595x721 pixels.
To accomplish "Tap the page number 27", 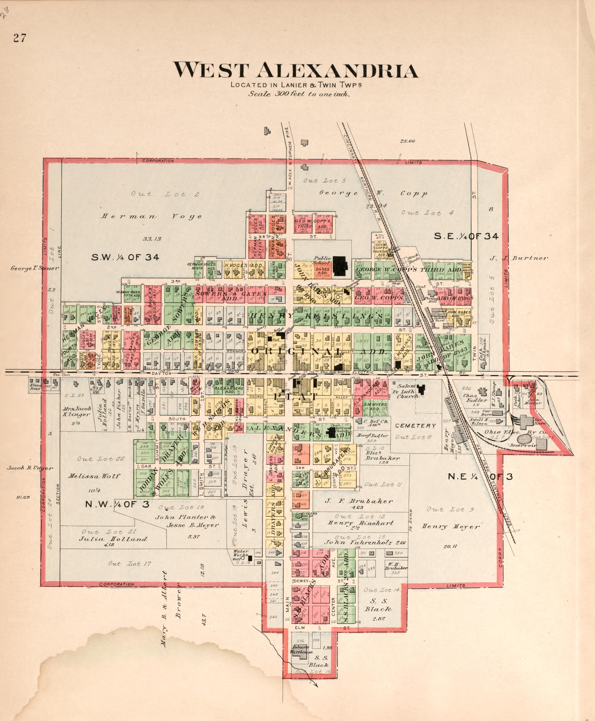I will [x=20, y=38].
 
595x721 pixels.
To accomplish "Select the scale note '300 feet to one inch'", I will [x=299, y=94].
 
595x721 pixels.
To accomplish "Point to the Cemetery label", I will [x=415, y=426].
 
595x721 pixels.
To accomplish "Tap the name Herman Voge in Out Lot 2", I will [x=151, y=217].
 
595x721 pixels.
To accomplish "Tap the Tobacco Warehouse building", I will [x=301, y=653].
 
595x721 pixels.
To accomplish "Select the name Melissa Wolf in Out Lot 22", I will [x=94, y=476].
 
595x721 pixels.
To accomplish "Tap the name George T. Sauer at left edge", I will [x=35, y=268].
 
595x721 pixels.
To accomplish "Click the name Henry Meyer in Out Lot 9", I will [x=450, y=526].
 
